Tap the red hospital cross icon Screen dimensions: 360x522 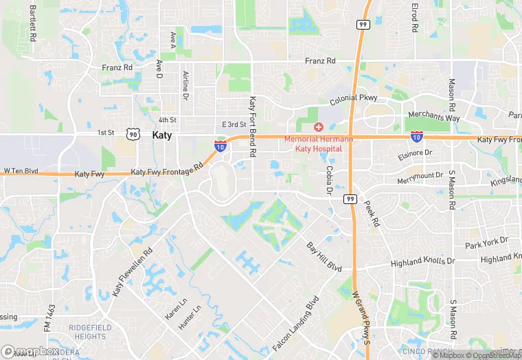[x=318, y=127]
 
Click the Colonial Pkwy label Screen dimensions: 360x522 [x=354, y=99]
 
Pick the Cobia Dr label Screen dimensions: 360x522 [x=330, y=179]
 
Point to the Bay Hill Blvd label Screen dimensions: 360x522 [x=324, y=254]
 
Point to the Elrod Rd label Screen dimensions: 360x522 [x=415, y=19]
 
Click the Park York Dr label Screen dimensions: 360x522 [x=486, y=242]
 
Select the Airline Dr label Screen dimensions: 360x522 [x=185, y=86]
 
